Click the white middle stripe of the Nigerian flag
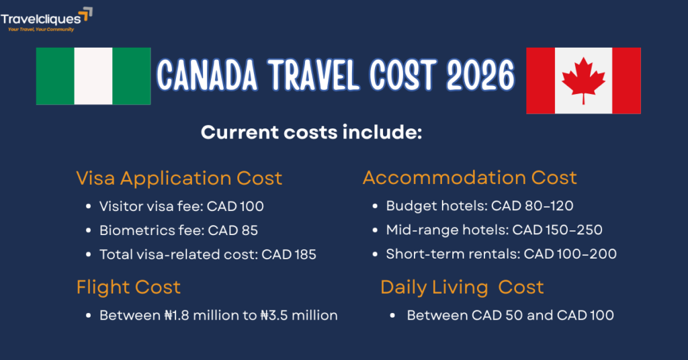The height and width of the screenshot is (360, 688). pyautogui.click(x=93, y=76)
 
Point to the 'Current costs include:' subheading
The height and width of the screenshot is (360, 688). pyautogui.click(x=311, y=132)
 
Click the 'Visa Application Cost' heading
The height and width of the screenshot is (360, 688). pyautogui.click(x=179, y=178)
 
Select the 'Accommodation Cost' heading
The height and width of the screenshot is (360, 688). pyautogui.click(x=470, y=178)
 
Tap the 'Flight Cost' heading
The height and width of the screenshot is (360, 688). pyautogui.click(x=128, y=287)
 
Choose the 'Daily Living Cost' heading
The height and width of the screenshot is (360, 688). pyautogui.click(x=462, y=287)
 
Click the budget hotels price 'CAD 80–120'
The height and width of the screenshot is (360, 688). pyautogui.click(x=532, y=206)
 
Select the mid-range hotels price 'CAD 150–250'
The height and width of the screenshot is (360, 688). pyautogui.click(x=558, y=230)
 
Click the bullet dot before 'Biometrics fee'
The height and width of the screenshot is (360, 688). pyautogui.click(x=89, y=230)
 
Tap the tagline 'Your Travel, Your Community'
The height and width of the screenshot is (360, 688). pyautogui.click(x=40, y=30)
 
